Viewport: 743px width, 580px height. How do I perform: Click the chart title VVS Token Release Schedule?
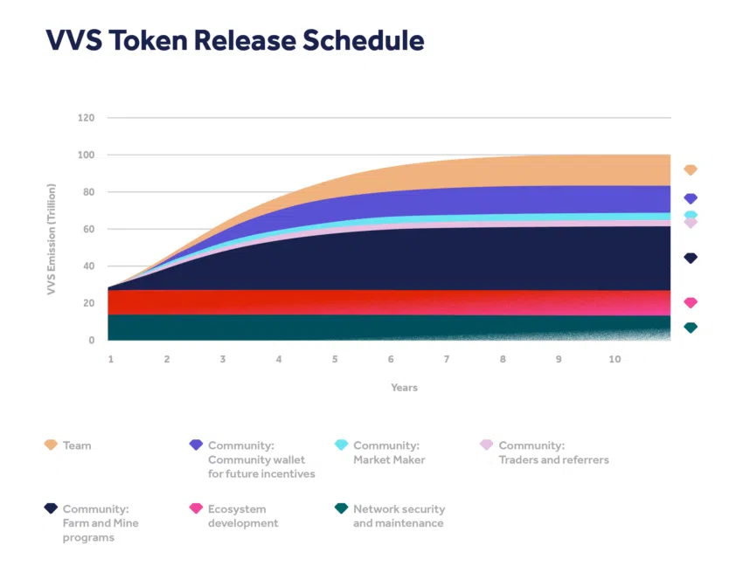[234, 40]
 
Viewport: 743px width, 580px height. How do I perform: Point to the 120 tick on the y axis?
[87, 117]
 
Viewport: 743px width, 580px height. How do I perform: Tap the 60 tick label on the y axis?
[89, 229]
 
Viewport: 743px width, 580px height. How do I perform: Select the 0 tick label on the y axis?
[91, 341]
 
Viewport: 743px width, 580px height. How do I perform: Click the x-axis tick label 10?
[615, 359]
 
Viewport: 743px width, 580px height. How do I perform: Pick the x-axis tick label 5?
[335, 359]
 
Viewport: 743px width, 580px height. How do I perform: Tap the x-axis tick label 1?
[111, 359]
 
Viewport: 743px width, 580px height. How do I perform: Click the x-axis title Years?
[404, 388]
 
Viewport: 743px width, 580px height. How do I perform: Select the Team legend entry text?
[77, 445]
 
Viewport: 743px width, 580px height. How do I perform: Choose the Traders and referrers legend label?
[553, 452]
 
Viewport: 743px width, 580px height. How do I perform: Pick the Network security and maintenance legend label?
[399, 516]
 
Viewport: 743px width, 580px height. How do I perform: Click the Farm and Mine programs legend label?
[101, 522]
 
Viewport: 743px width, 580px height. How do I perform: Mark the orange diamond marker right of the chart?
[691, 169]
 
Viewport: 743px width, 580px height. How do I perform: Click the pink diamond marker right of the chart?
[691, 302]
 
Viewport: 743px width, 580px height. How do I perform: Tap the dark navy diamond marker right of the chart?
[691, 258]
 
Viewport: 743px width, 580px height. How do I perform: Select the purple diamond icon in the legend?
[196, 445]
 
